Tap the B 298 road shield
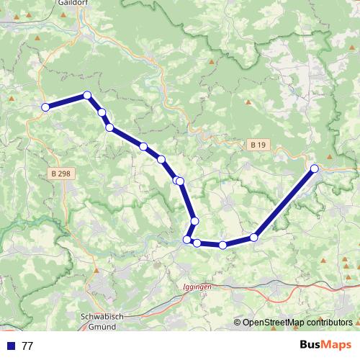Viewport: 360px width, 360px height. pos(63,174)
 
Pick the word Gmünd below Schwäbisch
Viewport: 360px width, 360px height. pos(105,326)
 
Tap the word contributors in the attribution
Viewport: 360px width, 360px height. pos(330,323)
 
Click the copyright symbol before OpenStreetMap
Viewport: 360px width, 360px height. pos(237,323)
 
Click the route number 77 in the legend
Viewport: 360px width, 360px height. pos(27,346)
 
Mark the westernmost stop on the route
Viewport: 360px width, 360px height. pos(45,107)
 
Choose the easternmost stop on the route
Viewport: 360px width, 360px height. pos(314,168)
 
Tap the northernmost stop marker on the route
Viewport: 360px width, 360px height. pos(87,95)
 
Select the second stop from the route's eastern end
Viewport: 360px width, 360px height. pos(254,237)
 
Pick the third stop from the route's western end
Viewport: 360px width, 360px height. pos(102,112)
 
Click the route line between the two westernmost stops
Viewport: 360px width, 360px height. pos(66,102)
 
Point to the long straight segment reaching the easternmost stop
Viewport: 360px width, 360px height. pos(284,202)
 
